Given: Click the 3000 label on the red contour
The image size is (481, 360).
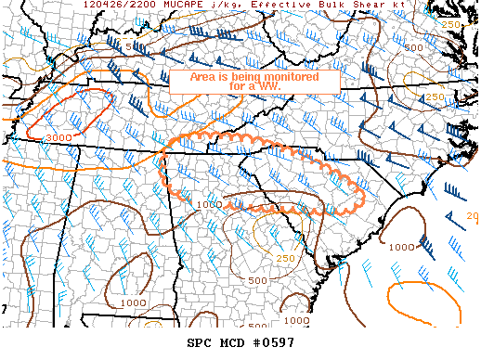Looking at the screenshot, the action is tap(58, 137).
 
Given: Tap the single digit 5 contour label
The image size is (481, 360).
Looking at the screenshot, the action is tap(128, 45).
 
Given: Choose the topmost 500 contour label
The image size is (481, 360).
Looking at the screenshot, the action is tap(413, 46).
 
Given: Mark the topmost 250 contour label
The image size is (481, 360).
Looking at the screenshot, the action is tap(451, 24).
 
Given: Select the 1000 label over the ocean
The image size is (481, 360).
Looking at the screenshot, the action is tap(401, 247).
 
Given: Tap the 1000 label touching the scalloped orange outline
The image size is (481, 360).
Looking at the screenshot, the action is tap(210, 204).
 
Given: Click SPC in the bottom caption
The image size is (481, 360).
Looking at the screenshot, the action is tap(201, 345).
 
